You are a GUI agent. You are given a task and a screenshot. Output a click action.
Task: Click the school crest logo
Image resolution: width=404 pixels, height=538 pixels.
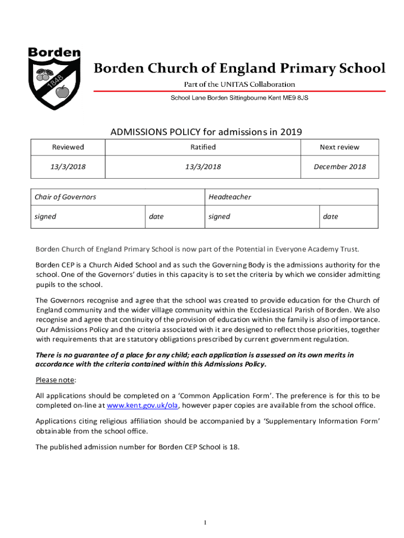54,79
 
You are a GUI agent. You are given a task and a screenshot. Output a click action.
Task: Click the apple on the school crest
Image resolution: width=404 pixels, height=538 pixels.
62,92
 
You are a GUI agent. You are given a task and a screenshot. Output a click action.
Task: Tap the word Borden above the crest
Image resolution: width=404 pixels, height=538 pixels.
54,53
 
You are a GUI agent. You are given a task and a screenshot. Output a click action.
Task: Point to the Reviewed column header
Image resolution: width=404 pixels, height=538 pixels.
68,147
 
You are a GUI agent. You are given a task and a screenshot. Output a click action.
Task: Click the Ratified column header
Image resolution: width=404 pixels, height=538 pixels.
203,147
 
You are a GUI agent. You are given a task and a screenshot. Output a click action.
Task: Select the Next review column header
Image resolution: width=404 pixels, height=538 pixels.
339,147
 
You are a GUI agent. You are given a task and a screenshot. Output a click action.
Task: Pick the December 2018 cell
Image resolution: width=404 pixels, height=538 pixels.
339,167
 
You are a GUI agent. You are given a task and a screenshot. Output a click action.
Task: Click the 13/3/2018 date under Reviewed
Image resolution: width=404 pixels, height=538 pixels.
68,167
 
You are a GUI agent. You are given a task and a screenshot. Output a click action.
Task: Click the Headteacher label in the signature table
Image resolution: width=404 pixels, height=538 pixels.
230,197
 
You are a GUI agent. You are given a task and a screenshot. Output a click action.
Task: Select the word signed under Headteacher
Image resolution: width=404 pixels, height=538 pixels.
219,216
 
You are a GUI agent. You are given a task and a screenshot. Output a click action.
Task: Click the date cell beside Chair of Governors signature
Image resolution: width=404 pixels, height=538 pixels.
156,216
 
